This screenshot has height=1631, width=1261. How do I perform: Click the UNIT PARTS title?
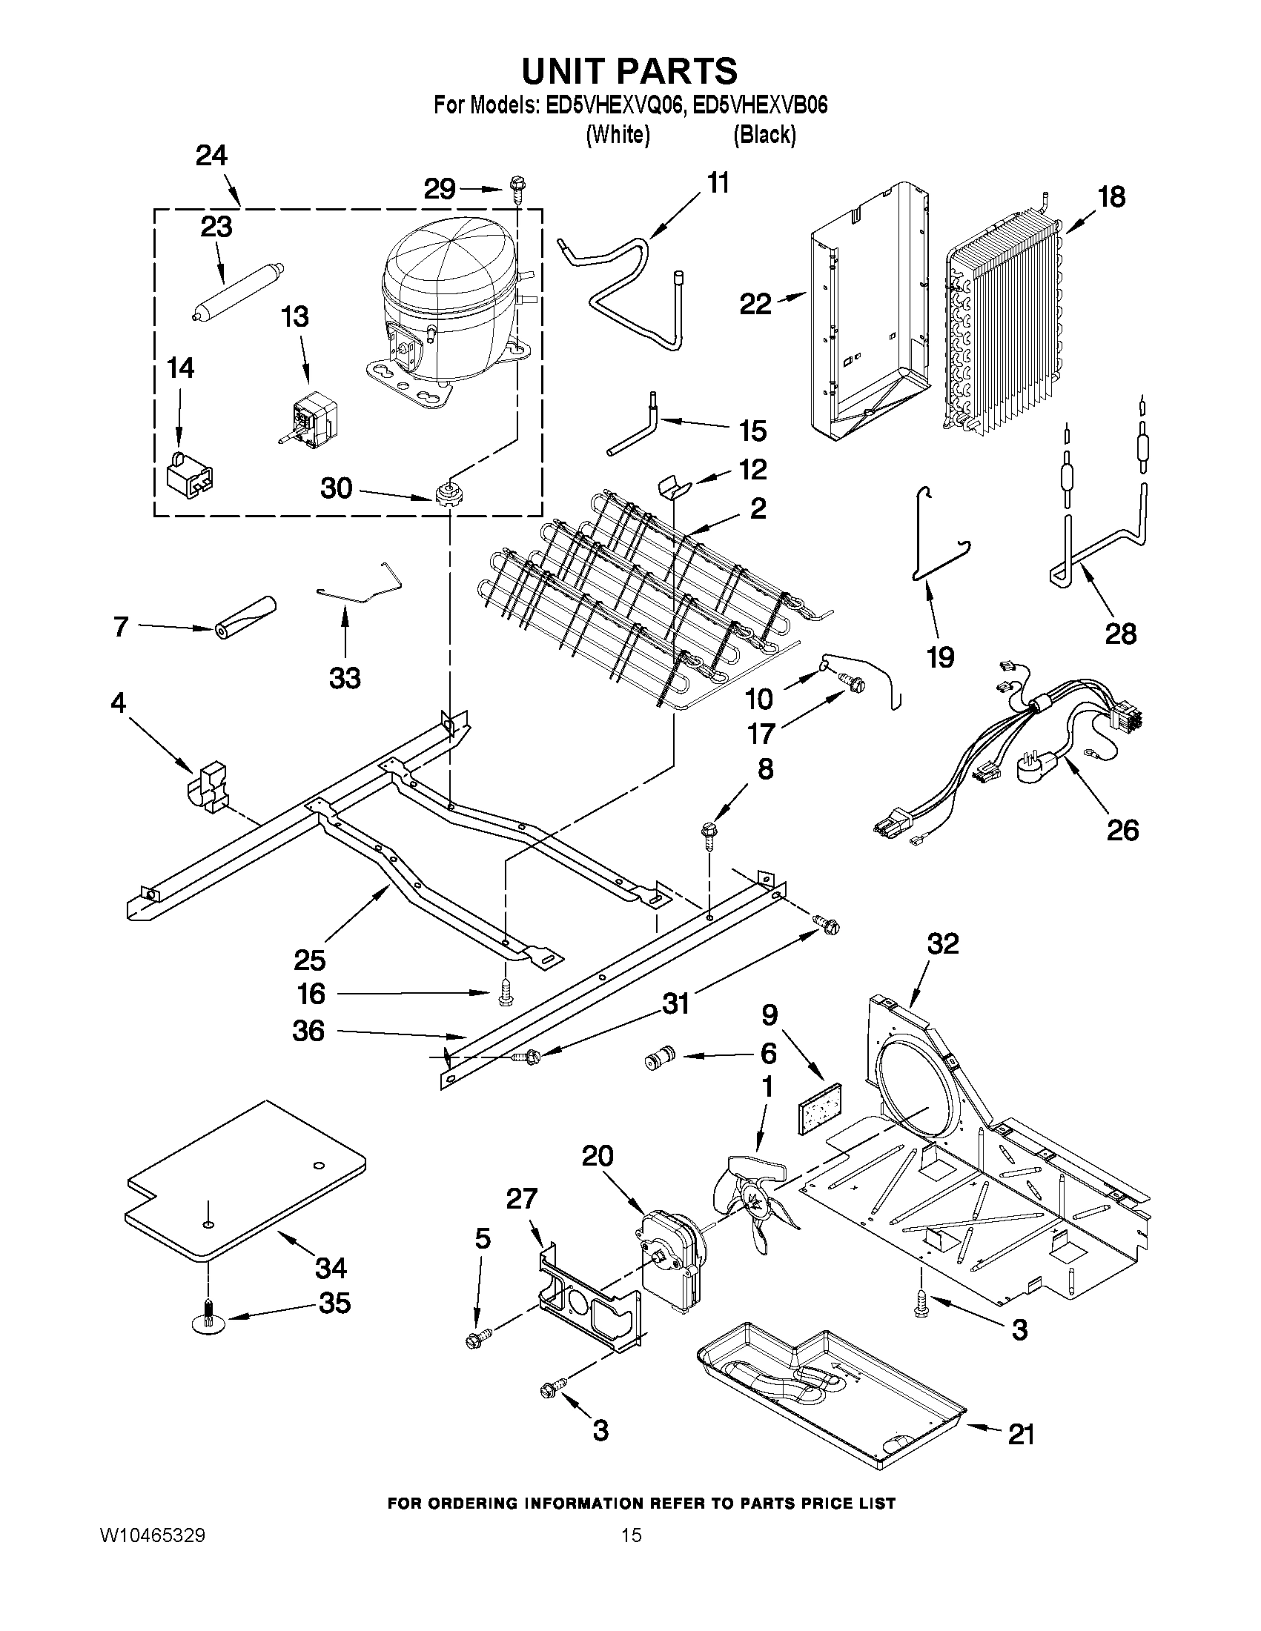click(629, 72)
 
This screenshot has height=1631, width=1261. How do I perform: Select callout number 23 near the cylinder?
click(216, 227)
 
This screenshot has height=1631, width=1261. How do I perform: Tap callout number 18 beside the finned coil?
click(1111, 198)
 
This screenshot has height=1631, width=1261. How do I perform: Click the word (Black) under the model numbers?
click(764, 134)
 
